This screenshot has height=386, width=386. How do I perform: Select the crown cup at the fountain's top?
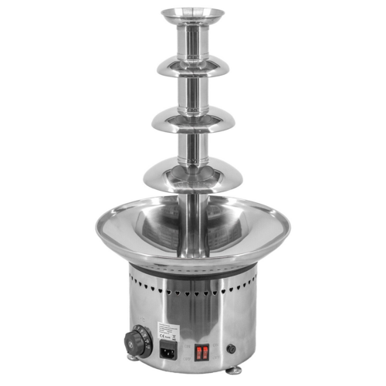192,15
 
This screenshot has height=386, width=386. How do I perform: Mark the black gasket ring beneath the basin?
193,269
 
